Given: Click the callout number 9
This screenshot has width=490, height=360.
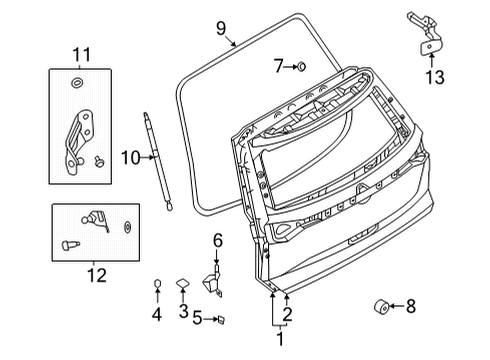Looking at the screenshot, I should (x=221, y=28).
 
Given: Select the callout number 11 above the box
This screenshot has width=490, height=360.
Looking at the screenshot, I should (x=79, y=52).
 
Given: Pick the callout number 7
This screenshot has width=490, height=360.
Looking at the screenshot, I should (x=279, y=67).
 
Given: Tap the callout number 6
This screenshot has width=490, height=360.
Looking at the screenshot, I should (x=217, y=239).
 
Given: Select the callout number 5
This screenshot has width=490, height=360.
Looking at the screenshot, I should (x=197, y=320).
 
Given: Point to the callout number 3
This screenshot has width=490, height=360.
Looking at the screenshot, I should (x=183, y=312).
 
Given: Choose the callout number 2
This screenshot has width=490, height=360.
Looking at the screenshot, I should (x=288, y=316).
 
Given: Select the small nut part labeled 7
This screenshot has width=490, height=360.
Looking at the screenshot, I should (x=301, y=67).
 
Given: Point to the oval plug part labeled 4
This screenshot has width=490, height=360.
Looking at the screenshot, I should (x=156, y=286).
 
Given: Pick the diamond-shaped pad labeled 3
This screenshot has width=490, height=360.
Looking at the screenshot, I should (x=183, y=284).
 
